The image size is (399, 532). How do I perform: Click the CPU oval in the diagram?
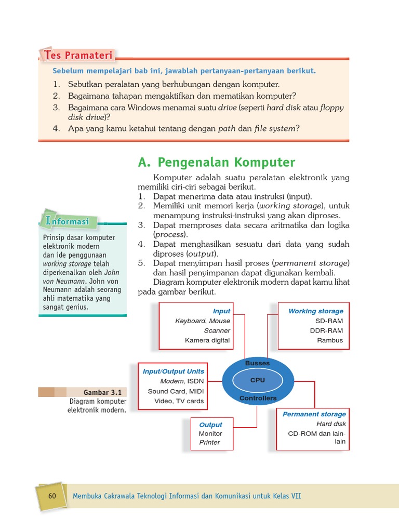(x=257, y=380)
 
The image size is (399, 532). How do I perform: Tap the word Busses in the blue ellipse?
(x=257, y=364)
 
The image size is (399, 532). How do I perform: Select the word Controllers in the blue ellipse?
(x=258, y=398)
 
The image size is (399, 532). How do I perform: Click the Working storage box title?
(x=315, y=311)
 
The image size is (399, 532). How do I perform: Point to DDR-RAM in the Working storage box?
(x=326, y=330)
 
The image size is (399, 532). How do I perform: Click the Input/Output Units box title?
(x=174, y=371)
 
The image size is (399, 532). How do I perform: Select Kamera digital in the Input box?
(x=207, y=341)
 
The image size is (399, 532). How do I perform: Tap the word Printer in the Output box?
(x=209, y=443)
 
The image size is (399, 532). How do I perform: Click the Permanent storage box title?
(x=314, y=414)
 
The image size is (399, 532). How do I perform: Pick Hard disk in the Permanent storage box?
(x=331, y=424)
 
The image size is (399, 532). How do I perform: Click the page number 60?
(x=52, y=496)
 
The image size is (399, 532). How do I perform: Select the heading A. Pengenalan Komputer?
(x=217, y=162)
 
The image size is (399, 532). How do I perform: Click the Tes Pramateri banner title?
(x=78, y=55)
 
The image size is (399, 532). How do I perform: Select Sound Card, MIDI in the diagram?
(x=176, y=391)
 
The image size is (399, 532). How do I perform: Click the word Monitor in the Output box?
(x=210, y=433)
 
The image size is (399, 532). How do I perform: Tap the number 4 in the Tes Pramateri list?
(x=56, y=128)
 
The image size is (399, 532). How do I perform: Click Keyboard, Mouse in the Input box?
(x=202, y=321)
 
